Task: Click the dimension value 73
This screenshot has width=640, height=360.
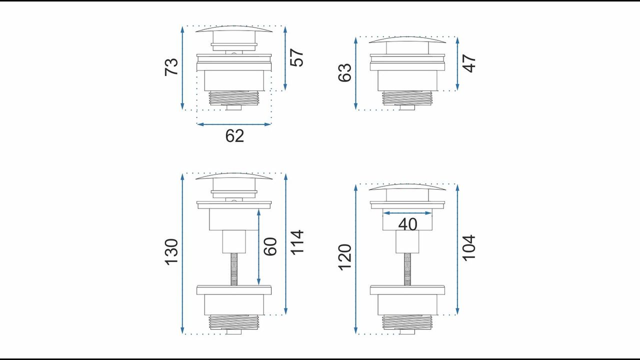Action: (x=171, y=67)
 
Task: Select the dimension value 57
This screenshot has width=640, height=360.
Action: (x=296, y=57)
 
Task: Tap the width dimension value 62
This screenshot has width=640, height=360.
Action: (x=234, y=136)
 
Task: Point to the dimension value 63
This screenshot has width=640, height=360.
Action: (x=345, y=72)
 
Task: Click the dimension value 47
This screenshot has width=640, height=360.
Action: (x=469, y=63)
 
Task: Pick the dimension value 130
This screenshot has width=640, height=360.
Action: (x=171, y=252)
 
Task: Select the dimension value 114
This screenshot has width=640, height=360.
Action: (x=297, y=242)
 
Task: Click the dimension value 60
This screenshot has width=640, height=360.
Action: (x=270, y=246)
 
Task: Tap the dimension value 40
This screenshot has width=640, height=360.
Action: (x=407, y=224)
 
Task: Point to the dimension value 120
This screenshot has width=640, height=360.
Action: (x=345, y=257)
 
